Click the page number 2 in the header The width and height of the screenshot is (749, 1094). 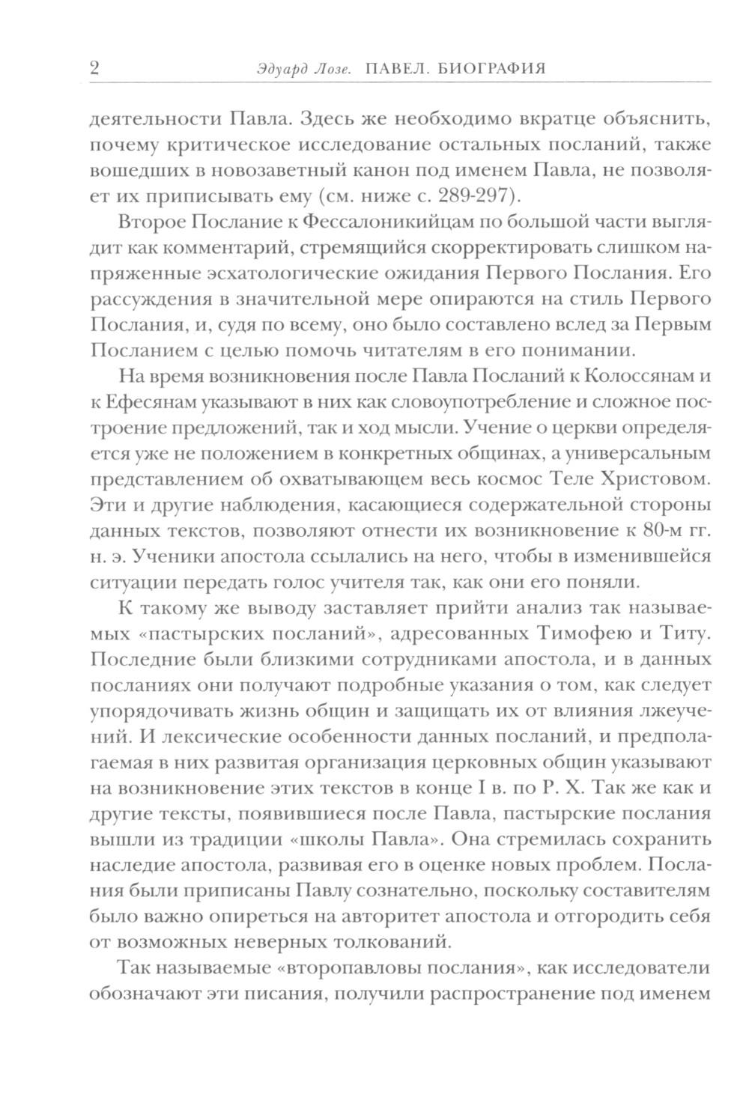click(x=95, y=69)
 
